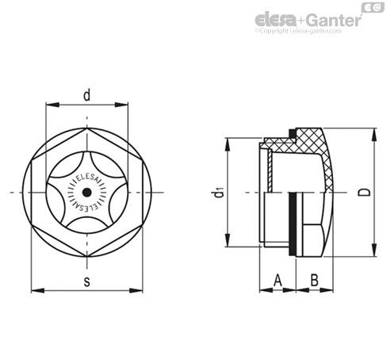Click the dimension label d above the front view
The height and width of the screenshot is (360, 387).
coord(86,95)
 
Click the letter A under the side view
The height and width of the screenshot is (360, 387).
coord(278,279)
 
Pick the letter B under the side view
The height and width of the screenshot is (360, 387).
coord(313,279)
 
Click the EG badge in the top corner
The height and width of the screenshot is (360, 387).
coord(371,7)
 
